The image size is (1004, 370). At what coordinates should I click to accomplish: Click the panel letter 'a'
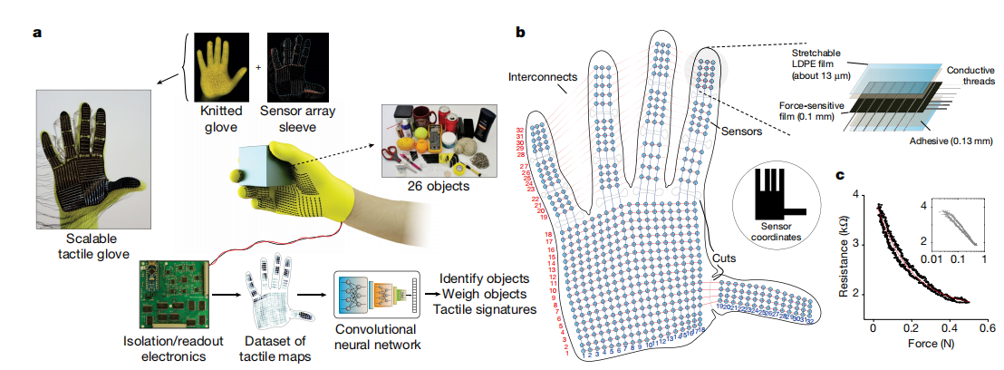coord(37,34)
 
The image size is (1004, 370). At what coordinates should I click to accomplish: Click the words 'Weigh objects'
coord(473,294)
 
